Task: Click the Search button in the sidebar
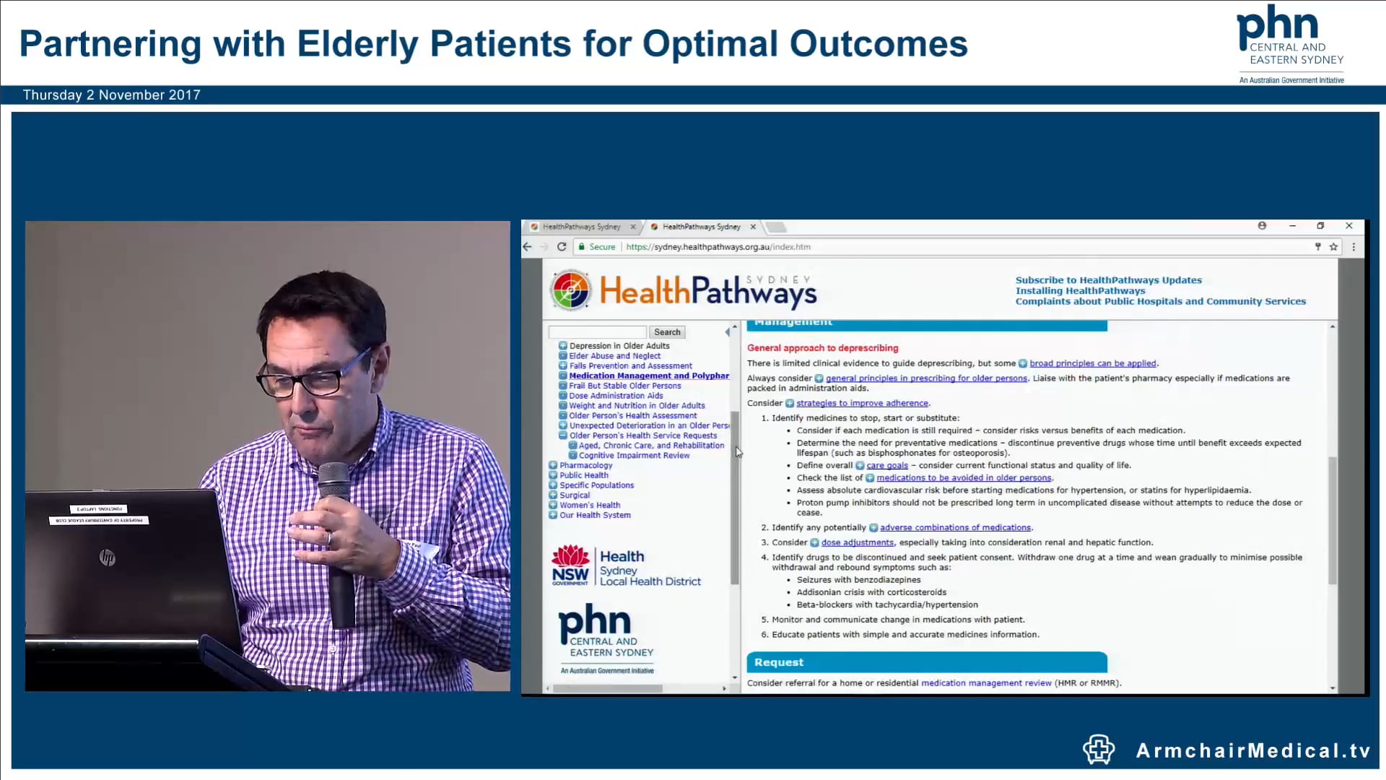pos(667,332)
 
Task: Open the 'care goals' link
pos(887,466)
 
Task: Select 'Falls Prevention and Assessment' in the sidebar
pos(630,366)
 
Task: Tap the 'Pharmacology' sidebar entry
pos(585,466)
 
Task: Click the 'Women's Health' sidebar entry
pos(589,506)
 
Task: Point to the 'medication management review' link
pos(985,683)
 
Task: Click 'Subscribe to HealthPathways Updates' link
pos(1108,280)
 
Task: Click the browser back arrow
pos(528,247)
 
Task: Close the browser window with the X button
pos(1348,226)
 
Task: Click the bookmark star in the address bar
pos(1333,247)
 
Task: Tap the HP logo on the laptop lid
pos(108,558)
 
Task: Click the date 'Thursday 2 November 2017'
pos(112,95)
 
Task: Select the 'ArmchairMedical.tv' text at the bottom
pos(1252,751)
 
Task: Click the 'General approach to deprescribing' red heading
pos(822,348)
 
